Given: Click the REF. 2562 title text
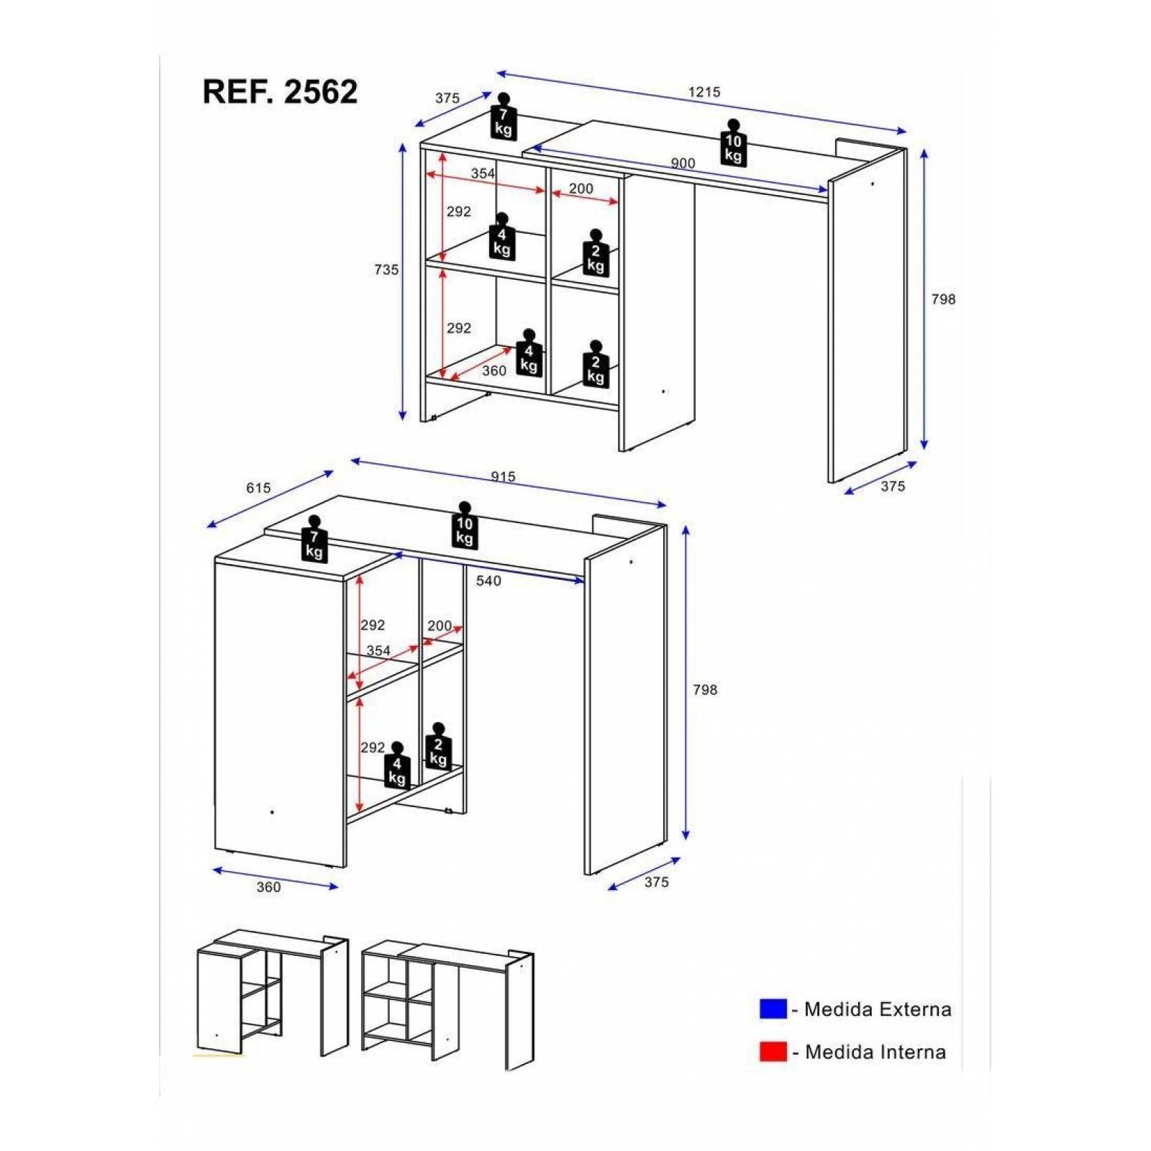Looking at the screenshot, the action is pos(280,92).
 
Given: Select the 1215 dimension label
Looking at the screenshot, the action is pos(704,92).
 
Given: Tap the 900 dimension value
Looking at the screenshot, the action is pos(683,163).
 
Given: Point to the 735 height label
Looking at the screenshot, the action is pos(386,270).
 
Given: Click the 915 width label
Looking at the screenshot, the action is pos(503,477).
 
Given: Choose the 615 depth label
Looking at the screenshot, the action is pos(258,488).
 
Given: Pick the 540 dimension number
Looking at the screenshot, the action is pos(488,581).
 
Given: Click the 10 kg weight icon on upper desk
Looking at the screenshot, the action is pos(733,143).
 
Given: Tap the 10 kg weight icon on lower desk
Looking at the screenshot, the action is pos(465,526).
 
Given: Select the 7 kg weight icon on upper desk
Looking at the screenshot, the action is pos(504,117).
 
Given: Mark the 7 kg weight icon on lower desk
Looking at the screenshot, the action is pos(314,539).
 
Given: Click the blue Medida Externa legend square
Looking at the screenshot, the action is pos(773,1009).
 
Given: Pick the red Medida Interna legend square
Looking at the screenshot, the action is pos(773,1051).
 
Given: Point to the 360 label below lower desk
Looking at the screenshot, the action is pos(268,887).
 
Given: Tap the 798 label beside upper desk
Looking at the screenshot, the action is pos(943,299).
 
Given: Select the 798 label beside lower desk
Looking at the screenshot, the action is pos(705,690).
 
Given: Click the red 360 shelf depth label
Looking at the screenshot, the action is pos(494,370).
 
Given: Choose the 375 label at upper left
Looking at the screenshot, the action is pos(447,98).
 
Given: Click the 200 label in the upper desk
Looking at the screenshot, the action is pos(581,188).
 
